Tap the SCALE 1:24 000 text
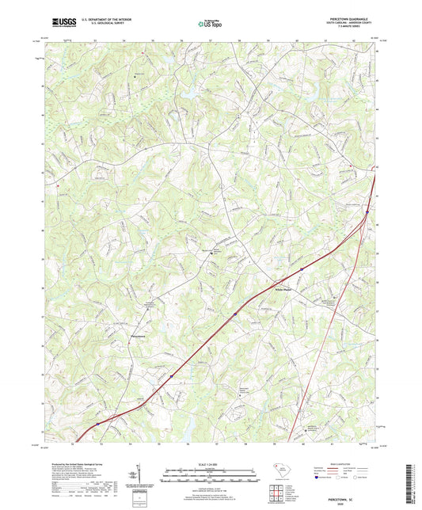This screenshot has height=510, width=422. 210,462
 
